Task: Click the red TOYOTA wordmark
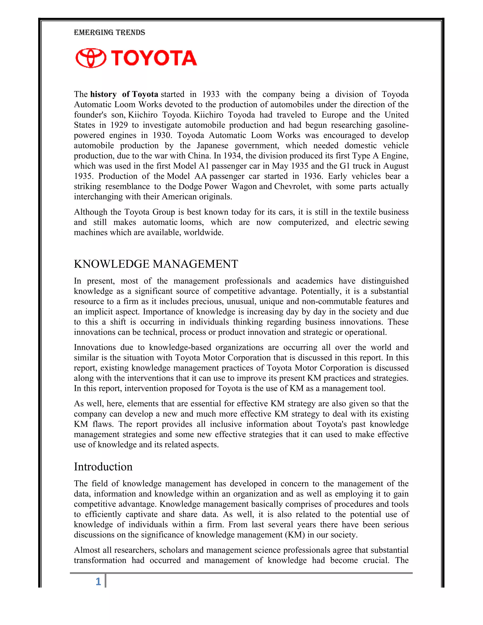[x=154, y=58]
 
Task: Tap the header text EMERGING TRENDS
[x=109, y=32]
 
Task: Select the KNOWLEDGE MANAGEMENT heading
[x=156, y=264]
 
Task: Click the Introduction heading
[x=103, y=467]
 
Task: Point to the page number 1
[x=98, y=582]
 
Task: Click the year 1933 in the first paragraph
[x=211, y=94]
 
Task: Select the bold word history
[x=103, y=94]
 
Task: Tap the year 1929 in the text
[x=118, y=125]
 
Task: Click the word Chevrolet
[x=292, y=187]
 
